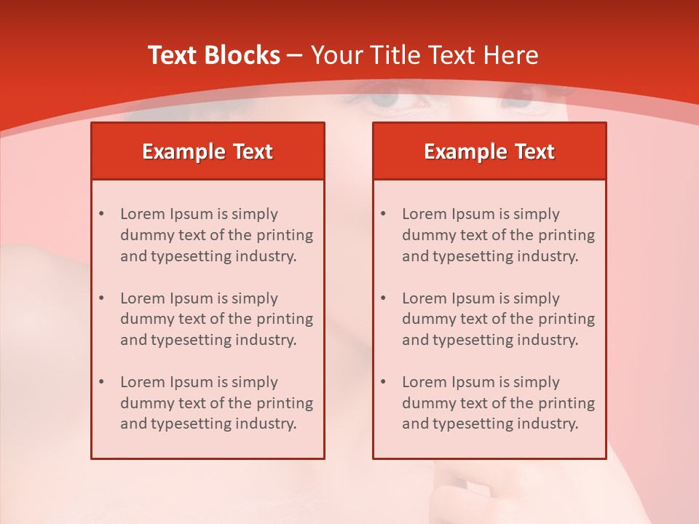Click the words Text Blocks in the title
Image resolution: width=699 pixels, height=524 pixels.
coord(213,55)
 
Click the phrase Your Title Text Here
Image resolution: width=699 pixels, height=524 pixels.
coord(424,55)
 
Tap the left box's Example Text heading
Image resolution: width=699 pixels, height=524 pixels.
coord(208,151)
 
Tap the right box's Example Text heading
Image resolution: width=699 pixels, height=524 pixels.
coord(489,151)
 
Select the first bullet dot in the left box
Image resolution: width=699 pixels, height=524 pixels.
coord(102,214)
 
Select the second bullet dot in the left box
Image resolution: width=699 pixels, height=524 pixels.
coord(102,298)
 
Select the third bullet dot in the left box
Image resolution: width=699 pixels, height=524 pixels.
coord(102,382)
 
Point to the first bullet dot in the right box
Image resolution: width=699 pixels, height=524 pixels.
coord(384,214)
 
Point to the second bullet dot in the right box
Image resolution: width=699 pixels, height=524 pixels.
coord(384,298)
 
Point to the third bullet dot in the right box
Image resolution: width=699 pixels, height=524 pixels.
coord(384,382)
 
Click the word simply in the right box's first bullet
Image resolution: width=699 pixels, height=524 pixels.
coord(537,215)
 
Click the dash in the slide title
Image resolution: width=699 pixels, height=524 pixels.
coord(295,55)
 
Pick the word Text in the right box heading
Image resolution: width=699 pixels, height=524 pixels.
coord(535,151)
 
